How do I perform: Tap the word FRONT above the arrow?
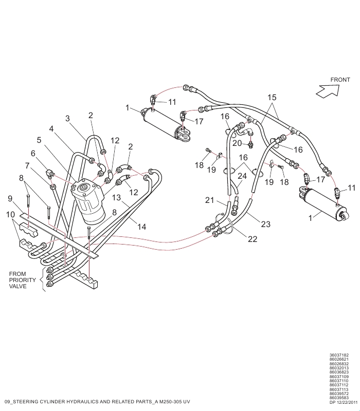340,80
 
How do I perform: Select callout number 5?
39,140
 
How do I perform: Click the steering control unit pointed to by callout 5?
88,200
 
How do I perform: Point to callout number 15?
272,98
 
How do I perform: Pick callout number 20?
237,143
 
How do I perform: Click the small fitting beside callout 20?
251,144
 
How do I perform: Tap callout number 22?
253,239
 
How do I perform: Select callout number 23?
265,224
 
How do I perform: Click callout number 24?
242,176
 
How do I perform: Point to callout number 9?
10,198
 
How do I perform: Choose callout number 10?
10,214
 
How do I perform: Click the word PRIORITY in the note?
22,280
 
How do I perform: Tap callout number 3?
67,119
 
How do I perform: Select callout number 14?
142,227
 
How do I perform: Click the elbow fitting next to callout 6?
49,173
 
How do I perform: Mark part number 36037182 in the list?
339,356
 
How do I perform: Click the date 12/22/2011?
347,402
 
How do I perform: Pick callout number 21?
209,200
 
